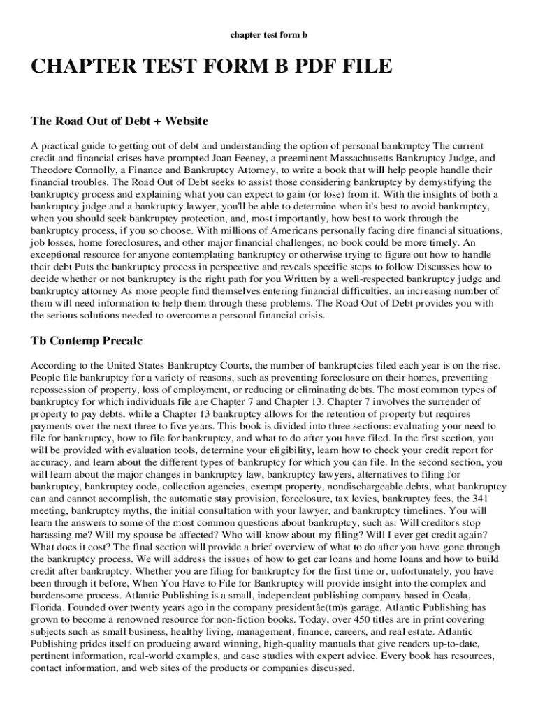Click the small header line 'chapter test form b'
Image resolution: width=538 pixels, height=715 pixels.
(x=269, y=34)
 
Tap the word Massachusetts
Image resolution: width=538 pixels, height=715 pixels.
(x=362, y=159)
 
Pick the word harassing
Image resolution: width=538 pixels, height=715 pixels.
(x=52, y=535)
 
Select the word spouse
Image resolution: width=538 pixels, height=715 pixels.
(x=128, y=535)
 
